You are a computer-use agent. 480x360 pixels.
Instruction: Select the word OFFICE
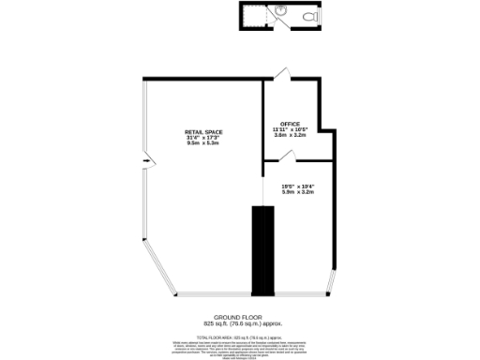(x=290, y=123)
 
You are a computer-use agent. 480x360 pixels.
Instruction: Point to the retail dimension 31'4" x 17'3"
(x=202, y=138)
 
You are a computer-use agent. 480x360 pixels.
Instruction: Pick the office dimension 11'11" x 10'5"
(x=290, y=128)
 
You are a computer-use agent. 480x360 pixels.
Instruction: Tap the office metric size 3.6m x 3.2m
(x=290, y=135)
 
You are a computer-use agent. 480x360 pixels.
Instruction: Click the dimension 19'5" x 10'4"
(x=297, y=187)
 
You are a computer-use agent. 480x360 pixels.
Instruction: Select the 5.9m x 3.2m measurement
(x=297, y=193)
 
